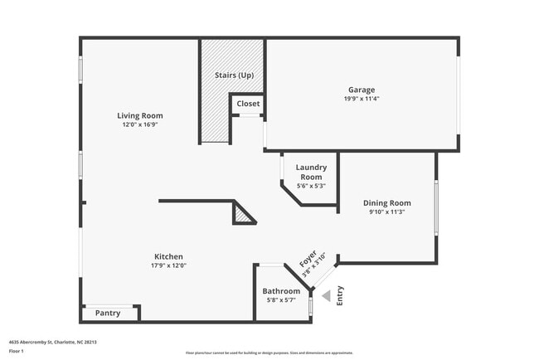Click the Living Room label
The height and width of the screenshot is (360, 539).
coord(139,115)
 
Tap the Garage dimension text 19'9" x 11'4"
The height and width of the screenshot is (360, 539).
coord(362,99)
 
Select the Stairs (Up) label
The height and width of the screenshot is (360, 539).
coord(234,75)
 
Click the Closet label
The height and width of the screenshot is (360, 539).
coord(248,104)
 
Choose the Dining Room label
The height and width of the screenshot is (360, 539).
coord(386,202)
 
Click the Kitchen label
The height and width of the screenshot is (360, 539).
coord(168,256)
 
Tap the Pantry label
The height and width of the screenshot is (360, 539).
coord(108,313)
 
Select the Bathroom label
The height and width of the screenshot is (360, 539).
coord(281,291)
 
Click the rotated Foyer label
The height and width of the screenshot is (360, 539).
coord(308,259)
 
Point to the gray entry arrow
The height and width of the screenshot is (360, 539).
coord(326,295)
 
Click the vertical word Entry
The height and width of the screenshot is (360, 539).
coord(341,296)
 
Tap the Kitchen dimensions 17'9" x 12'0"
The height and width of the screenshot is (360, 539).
coord(168,266)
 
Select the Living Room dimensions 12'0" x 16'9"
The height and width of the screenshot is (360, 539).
coord(139,125)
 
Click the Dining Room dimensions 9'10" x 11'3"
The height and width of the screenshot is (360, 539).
coord(386,212)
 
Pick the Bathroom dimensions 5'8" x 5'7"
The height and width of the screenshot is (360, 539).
coord(281,300)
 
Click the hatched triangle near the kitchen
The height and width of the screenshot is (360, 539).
coord(242,215)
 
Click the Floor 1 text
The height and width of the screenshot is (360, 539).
coord(17,351)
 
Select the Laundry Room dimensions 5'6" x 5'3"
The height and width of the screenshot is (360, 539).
coord(311,186)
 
